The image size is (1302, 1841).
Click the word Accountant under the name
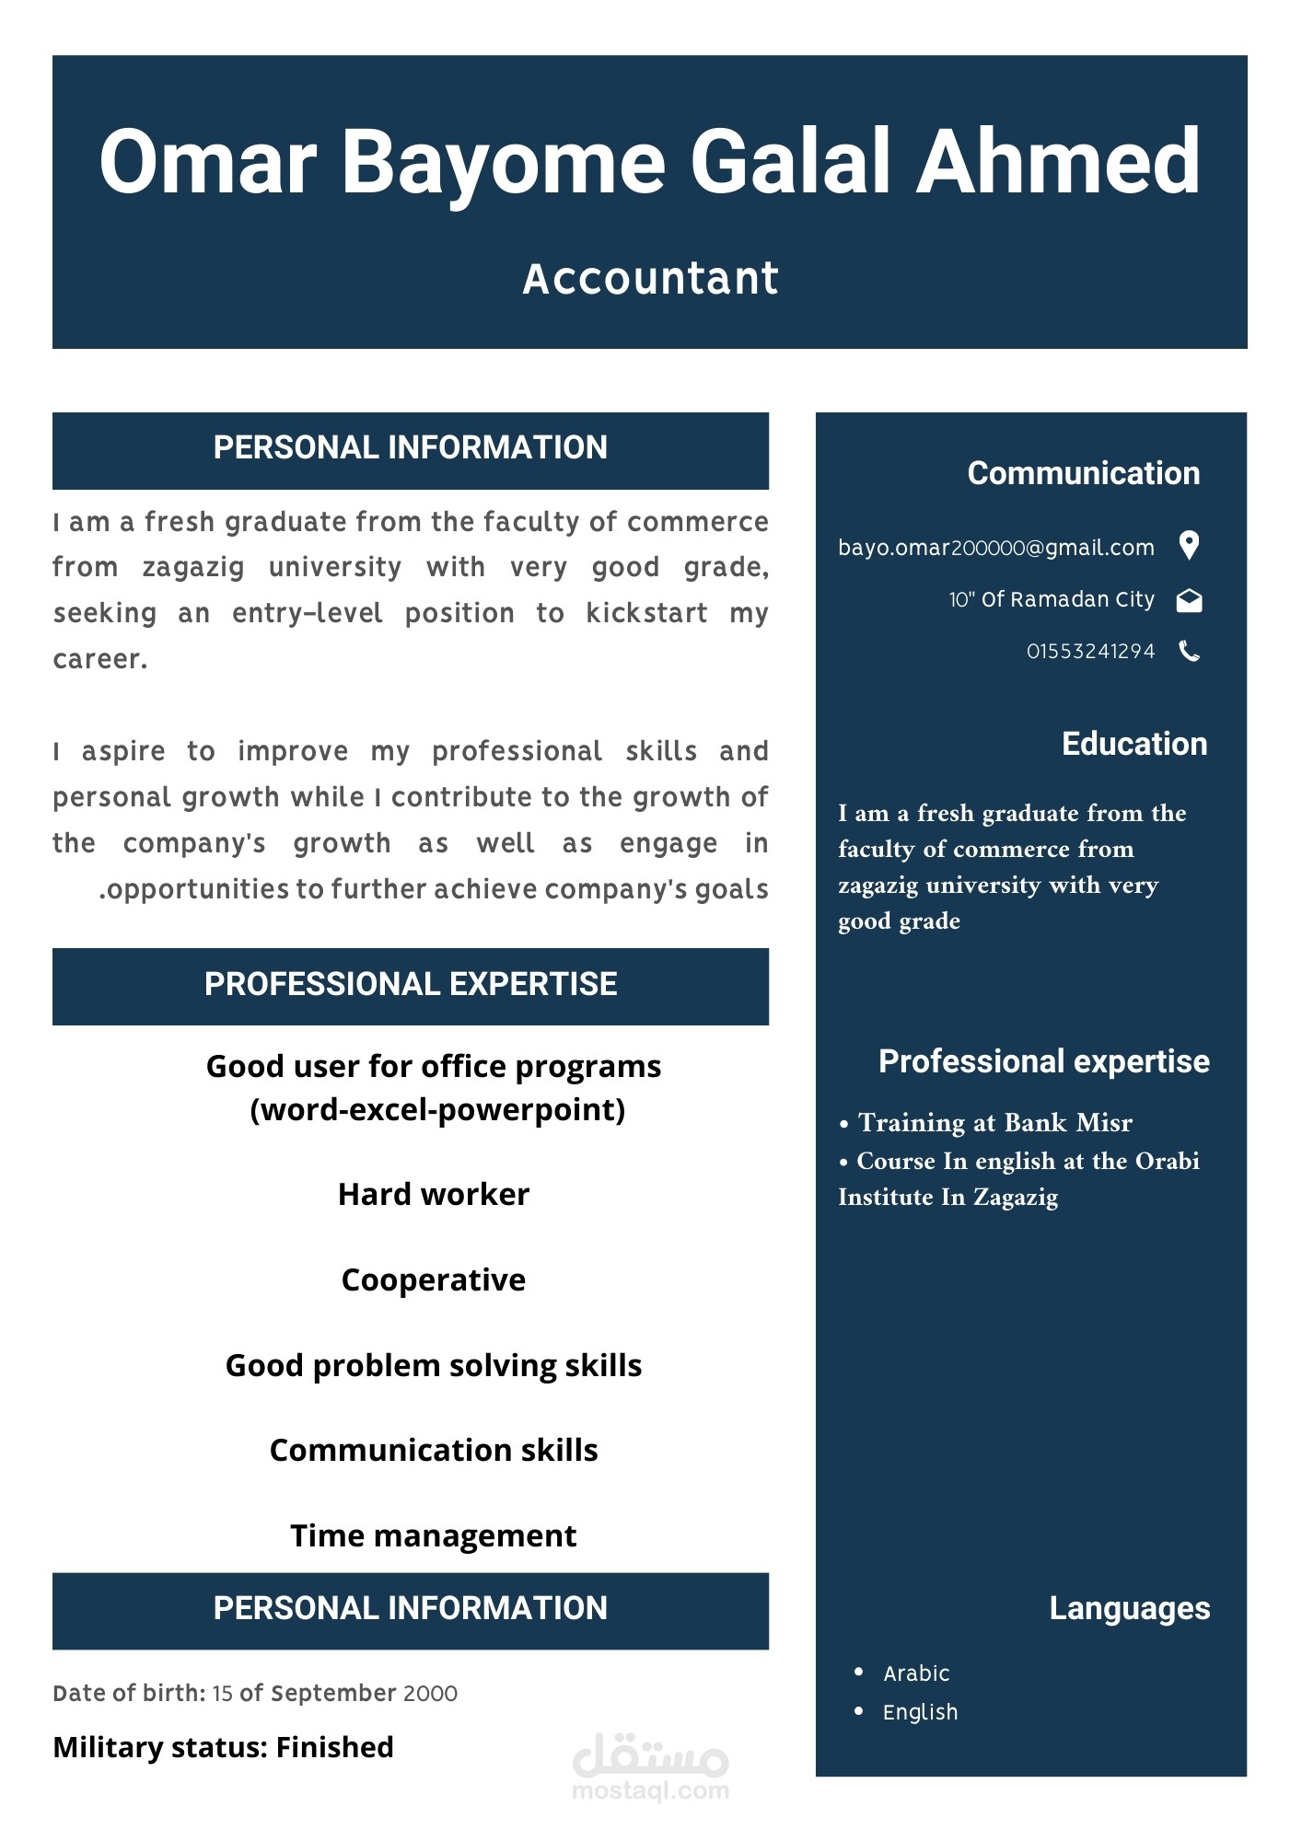point(650,278)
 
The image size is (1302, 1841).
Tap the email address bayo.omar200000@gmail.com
point(995,548)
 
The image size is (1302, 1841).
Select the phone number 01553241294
point(1090,652)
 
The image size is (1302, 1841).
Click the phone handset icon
point(1190,652)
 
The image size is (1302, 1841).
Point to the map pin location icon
point(1190,546)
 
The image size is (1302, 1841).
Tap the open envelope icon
point(1190,600)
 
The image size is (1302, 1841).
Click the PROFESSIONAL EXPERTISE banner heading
point(411,985)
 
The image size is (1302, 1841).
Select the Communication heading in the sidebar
point(1083,473)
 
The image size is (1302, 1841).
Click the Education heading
point(1133,744)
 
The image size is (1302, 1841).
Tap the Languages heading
point(1129,1608)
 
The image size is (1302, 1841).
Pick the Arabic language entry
point(915,1673)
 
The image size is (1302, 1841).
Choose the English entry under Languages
point(920,1712)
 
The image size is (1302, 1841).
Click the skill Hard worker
point(433,1194)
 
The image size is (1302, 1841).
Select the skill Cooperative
point(433,1279)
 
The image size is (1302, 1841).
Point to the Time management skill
point(433,1535)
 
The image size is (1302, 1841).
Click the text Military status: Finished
point(223,1747)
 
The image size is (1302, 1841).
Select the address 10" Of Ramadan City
point(1051,600)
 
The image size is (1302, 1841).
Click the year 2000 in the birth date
point(430,1694)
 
